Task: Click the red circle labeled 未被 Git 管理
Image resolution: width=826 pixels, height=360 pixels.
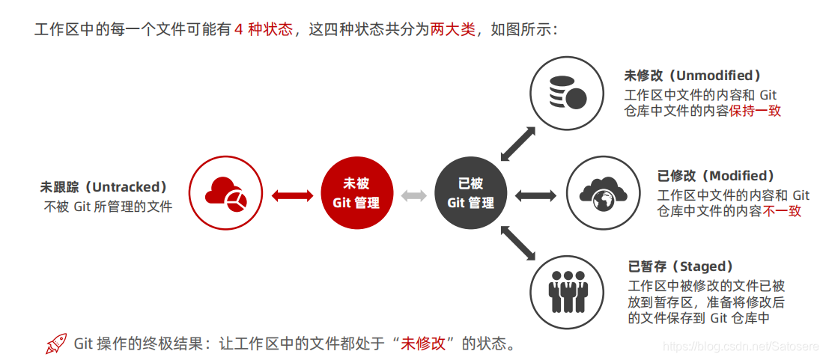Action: tap(356, 194)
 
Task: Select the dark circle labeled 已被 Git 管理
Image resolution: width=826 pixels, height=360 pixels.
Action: tap(470, 194)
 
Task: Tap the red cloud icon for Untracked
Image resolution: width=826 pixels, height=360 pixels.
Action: tap(225, 194)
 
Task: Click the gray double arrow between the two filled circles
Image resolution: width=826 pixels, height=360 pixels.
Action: tap(413, 195)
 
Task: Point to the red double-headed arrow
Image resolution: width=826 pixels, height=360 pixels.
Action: tap(292, 195)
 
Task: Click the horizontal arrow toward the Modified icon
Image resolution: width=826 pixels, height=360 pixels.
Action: tap(535, 195)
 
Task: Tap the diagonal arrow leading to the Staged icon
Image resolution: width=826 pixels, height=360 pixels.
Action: tap(517, 245)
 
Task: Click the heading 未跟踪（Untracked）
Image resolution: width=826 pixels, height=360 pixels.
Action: tap(104, 187)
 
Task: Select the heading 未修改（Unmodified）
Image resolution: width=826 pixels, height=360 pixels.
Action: tap(693, 76)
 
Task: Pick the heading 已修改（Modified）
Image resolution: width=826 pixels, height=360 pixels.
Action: tap(716, 176)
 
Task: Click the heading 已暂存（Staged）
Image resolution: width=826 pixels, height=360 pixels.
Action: tap(681, 266)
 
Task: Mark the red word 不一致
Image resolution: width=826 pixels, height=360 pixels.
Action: tap(782, 212)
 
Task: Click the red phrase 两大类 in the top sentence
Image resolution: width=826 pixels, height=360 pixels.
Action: tap(452, 30)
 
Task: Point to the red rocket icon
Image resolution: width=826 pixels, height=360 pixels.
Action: tap(56, 344)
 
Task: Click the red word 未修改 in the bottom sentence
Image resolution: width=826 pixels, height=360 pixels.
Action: tap(423, 344)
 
